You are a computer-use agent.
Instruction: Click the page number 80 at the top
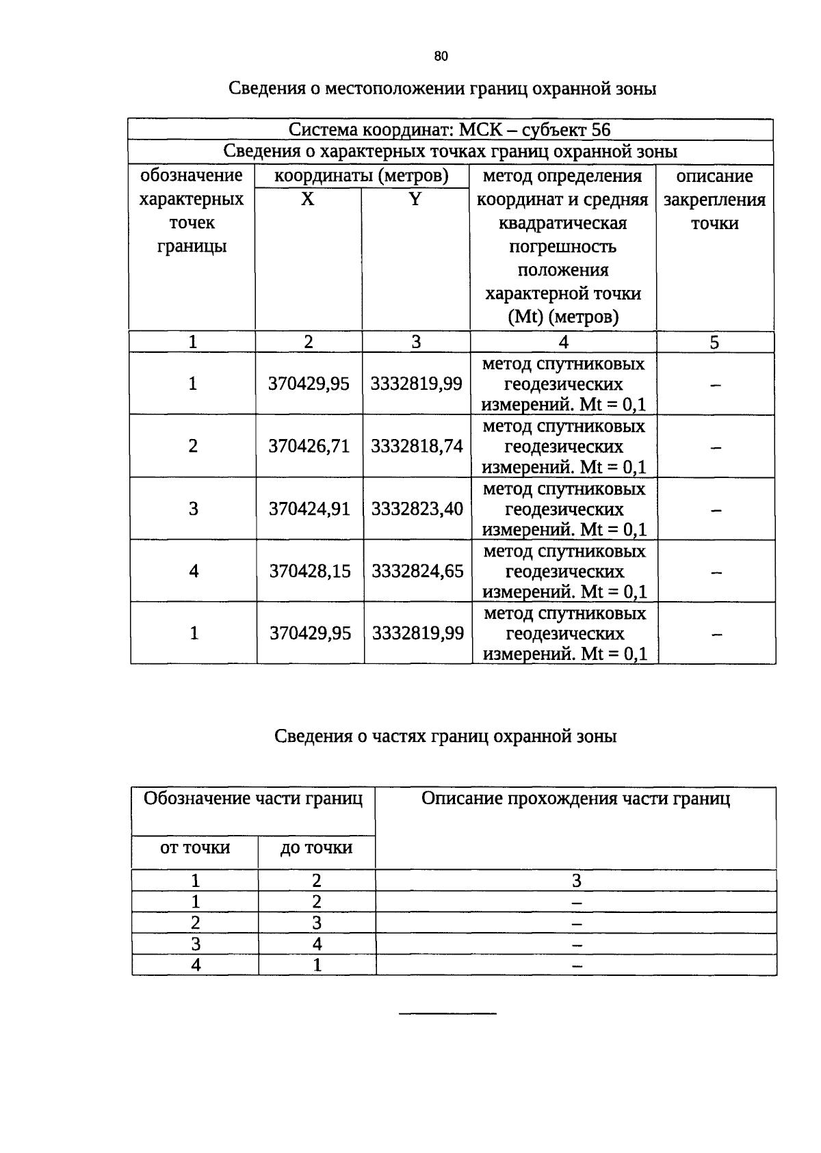pos(441,57)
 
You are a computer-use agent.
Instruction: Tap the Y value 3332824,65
pos(417,571)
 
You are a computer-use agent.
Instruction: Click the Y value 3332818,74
pos(417,447)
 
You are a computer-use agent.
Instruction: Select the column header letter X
pos(308,199)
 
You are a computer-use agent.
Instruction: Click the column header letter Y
pos(415,199)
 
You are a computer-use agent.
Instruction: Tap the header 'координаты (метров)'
pos(361,176)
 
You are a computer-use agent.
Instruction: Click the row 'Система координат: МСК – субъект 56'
pos(449,130)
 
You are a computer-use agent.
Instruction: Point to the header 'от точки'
pos(195,848)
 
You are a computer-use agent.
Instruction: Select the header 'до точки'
pos(316,848)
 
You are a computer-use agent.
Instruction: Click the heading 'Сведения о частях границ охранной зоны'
pos(445,737)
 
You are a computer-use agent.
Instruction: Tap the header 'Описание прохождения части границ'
pos(575,799)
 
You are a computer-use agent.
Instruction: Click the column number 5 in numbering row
pos(714,343)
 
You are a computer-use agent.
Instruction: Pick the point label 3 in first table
pos(194,509)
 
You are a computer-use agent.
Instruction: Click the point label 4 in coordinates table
pos(194,571)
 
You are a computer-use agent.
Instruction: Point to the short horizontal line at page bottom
pos(447,1013)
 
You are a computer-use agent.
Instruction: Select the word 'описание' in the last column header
pos(714,176)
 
